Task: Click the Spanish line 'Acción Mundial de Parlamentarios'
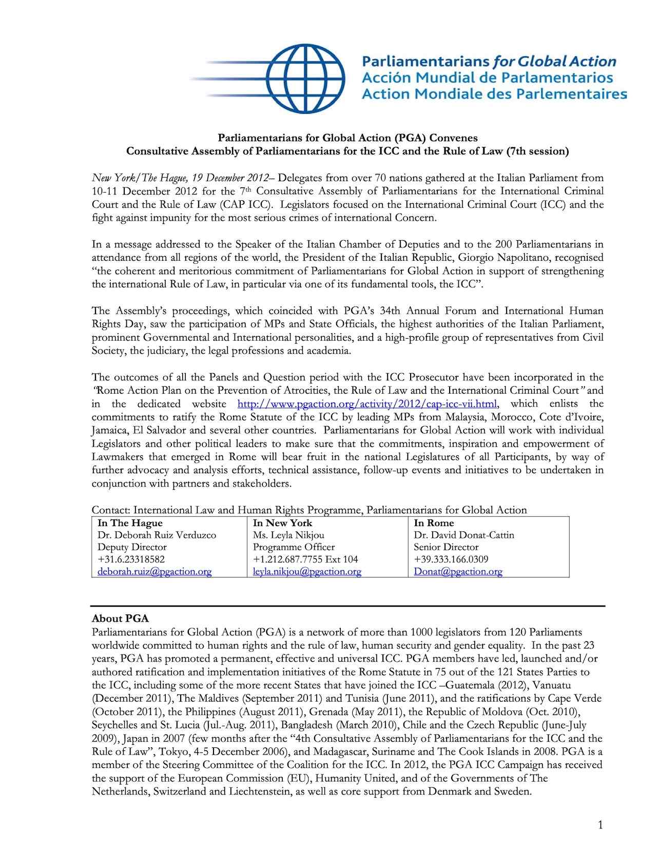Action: click(x=487, y=78)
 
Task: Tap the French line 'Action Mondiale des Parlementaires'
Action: click(x=494, y=94)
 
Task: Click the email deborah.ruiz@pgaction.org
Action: click(x=154, y=572)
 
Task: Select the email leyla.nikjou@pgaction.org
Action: click(x=307, y=572)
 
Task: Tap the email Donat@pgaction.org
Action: click(x=458, y=572)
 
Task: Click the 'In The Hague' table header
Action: click(x=130, y=523)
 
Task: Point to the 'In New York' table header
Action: click(x=282, y=523)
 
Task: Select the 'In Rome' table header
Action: click(x=434, y=523)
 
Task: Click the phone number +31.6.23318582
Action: click(x=131, y=559)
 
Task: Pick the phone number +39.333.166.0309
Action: click(x=451, y=559)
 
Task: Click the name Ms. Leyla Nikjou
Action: click(x=288, y=535)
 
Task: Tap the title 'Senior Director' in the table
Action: click(x=446, y=547)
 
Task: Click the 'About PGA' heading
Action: click(x=120, y=619)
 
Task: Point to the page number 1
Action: click(x=600, y=825)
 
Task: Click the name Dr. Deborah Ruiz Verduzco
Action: click(x=157, y=535)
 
